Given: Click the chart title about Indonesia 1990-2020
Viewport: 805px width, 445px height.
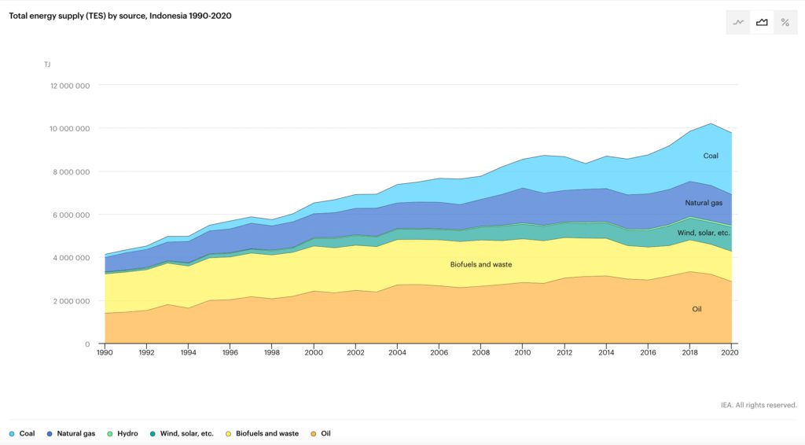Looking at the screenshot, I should [120, 16].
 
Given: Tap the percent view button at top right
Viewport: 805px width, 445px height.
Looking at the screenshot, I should [785, 23].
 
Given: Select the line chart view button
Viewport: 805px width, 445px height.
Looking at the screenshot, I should [737, 23].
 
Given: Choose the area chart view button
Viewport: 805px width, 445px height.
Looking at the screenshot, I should [761, 23].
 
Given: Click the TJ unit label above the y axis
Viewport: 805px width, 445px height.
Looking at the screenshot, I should [47, 64].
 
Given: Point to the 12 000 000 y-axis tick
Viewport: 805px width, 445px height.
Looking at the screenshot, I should [70, 86].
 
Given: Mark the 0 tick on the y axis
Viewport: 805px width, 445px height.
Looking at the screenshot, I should [88, 344].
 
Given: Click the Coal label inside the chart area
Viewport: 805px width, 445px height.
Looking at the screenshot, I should [711, 156].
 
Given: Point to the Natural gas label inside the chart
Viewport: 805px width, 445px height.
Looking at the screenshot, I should [703, 203].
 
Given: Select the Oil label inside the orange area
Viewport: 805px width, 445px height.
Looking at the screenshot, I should [697, 309].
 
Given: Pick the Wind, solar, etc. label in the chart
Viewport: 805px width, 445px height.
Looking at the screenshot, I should [704, 233].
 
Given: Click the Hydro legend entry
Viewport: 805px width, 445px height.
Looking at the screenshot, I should [122, 433].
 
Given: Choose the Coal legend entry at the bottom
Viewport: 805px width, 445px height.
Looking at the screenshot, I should [22, 433].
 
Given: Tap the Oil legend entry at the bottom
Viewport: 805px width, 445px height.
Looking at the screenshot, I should [320, 433].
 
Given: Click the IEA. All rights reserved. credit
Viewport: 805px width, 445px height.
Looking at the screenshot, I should [759, 405].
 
